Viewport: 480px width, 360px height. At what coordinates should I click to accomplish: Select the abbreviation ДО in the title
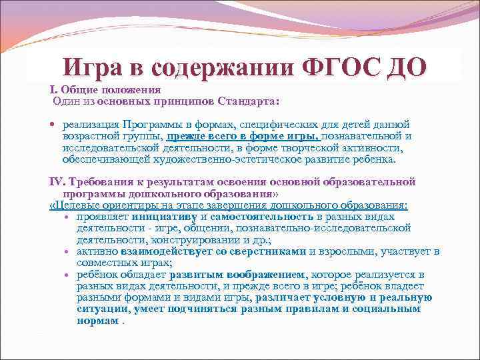tap(405, 68)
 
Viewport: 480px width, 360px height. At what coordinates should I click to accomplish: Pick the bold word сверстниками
tap(269, 251)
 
